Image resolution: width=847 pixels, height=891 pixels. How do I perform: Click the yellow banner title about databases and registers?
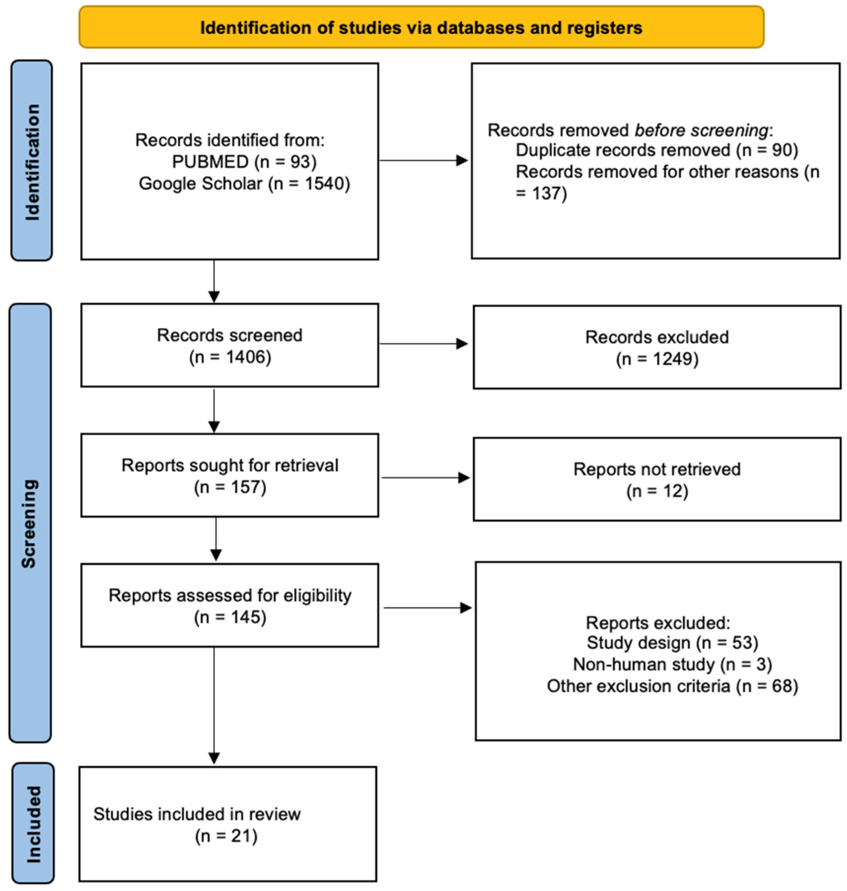pyautogui.click(x=421, y=28)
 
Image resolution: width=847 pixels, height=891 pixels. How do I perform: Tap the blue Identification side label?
pyautogui.click(x=31, y=161)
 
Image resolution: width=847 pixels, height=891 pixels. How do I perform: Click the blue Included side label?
pyautogui.click(x=33, y=824)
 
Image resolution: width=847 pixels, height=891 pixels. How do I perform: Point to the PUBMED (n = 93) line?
pyautogui.click(x=244, y=162)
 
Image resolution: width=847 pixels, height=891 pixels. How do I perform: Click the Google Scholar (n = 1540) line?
pyautogui.click(x=244, y=183)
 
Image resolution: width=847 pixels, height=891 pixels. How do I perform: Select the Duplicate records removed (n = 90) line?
pyautogui.click(x=657, y=150)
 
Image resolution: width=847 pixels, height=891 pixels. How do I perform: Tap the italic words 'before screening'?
pyautogui.click(x=701, y=130)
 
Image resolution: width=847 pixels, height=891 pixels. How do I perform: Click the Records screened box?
pyautogui.click(x=229, y=345)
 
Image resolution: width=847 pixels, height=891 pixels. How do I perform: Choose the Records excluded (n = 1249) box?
pyautogui.click(x=657, y=348)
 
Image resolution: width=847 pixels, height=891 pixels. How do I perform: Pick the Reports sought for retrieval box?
pyautogui.click(x=229, y=476)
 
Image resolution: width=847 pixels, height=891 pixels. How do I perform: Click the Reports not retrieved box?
pyautogui.click(x=657, y=479)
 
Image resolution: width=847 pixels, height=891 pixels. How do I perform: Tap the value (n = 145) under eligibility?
pyautogui.click(x=230, y=617)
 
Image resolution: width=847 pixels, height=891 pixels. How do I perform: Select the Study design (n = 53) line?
pyautogui.click(x=672, y=643)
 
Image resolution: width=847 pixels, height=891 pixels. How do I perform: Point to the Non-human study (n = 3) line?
pyautogui.click(x=672, y=665)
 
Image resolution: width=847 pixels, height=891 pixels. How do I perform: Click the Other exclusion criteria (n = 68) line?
pyautogui.click(x=672, y=686)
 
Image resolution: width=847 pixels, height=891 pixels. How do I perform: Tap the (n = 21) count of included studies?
pyautogui.click(x=226, y=836)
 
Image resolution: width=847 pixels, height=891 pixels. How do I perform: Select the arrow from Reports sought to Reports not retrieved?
pyautogui.click(x=425, y=478)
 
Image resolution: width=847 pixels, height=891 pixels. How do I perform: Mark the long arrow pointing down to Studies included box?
pyautogui.click(x=214, y=704)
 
